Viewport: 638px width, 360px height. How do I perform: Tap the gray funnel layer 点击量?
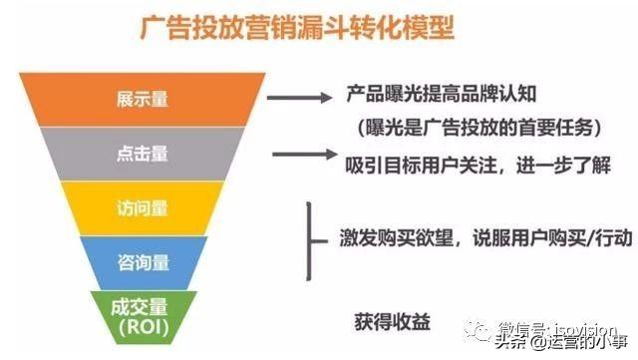click(145, 156)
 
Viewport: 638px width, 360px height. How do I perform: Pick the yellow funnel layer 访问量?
click(145, 209)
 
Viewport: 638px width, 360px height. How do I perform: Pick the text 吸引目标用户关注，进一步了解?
click(478, 164)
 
